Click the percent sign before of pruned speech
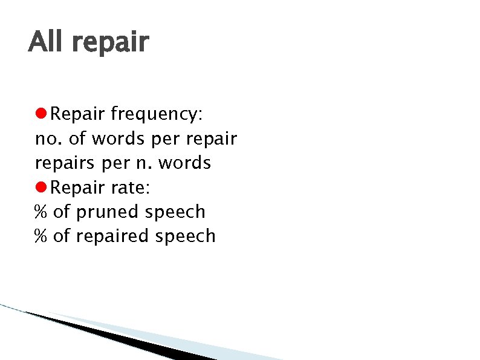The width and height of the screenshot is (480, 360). [41, 212]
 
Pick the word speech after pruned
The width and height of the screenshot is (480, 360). [175, 212]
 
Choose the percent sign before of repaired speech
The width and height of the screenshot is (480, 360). [41, 236]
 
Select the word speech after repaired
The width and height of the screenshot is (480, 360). [186, 237]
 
